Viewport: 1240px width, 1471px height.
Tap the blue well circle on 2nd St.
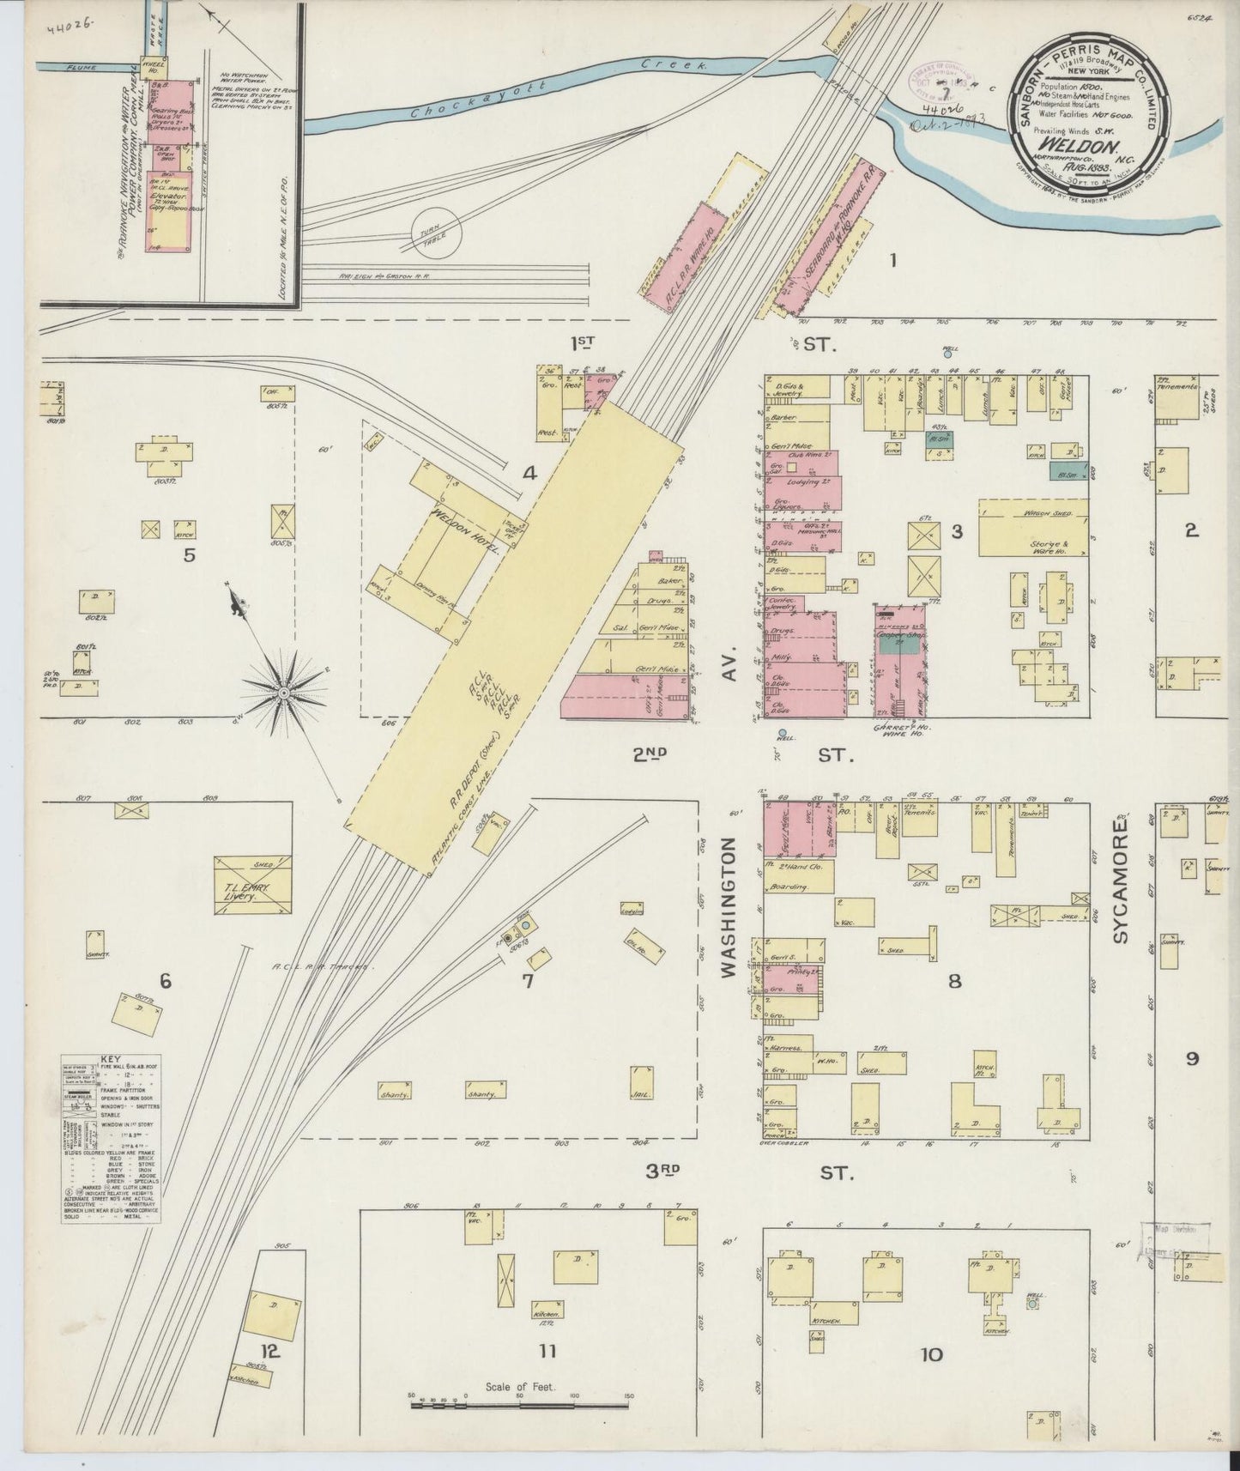click(x=781, y=735)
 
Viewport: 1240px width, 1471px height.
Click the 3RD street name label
click(x=663, y=1170)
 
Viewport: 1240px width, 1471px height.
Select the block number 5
click(x=190, y=555)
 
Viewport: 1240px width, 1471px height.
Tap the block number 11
click(x=547, y=1352)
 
